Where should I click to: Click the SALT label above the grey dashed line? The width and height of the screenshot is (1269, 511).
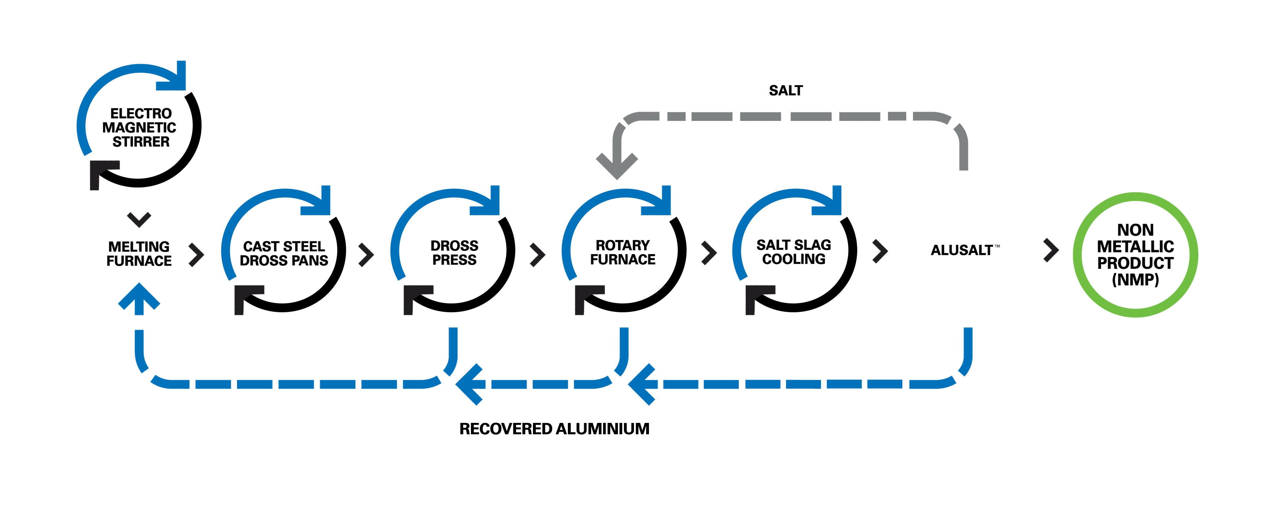[786, 91]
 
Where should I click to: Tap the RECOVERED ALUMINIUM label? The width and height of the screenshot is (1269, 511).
[554, 429]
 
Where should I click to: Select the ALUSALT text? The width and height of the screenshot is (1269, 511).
[962, 250]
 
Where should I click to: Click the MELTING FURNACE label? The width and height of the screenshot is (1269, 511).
[139, 253]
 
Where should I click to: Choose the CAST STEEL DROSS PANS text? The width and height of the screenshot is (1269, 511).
[284, 253]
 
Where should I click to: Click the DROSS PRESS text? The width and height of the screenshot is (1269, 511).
[454, 253]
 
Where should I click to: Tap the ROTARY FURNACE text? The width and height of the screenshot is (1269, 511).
[623, 252]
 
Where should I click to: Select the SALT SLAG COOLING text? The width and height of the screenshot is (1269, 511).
[793, 252]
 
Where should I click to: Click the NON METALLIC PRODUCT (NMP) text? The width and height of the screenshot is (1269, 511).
[1135, 254]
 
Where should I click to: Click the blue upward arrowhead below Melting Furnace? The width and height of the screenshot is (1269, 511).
[139, 297]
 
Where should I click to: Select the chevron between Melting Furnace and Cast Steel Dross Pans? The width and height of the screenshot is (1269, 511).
[197, 254]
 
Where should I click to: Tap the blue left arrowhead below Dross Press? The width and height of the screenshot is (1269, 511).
[468, 384]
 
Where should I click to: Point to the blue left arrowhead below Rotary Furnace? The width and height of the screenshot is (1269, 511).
[642, 384]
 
